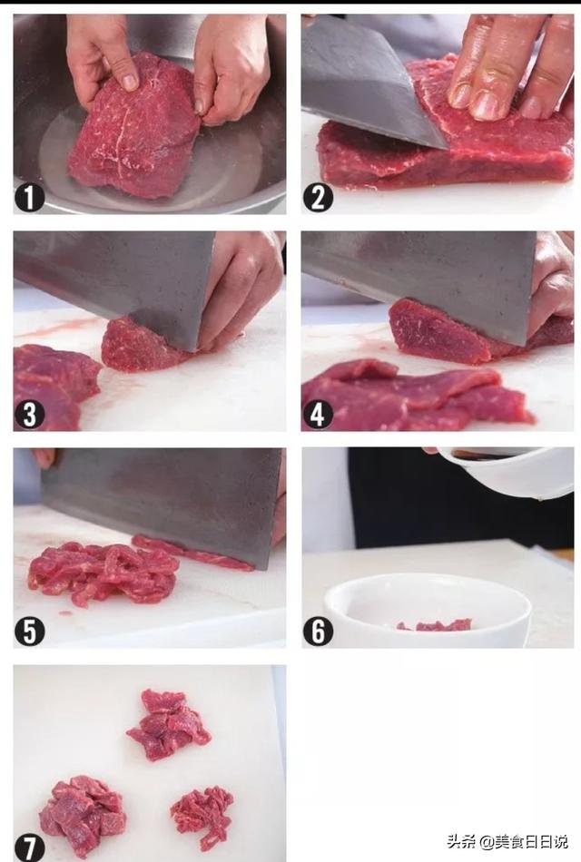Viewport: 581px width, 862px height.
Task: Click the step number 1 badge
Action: tap(29, 198)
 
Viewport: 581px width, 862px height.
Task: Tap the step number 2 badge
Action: tap(318, 198)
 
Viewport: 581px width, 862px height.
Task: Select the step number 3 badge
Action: tap(29, 414)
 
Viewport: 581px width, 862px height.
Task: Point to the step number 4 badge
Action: tap(318, 414)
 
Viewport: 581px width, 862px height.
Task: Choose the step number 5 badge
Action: tap(29, 632)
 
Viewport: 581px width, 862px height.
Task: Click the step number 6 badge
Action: tap(318, 632)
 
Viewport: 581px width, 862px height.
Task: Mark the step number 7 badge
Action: tap(29, 847)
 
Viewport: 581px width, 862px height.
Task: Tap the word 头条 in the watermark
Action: tap(461, 841)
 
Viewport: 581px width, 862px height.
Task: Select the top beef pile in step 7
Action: tap(168, 725)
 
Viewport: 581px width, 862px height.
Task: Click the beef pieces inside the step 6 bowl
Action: tap(435, 625)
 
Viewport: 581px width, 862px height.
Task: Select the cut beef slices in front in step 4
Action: tap(413, 396)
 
